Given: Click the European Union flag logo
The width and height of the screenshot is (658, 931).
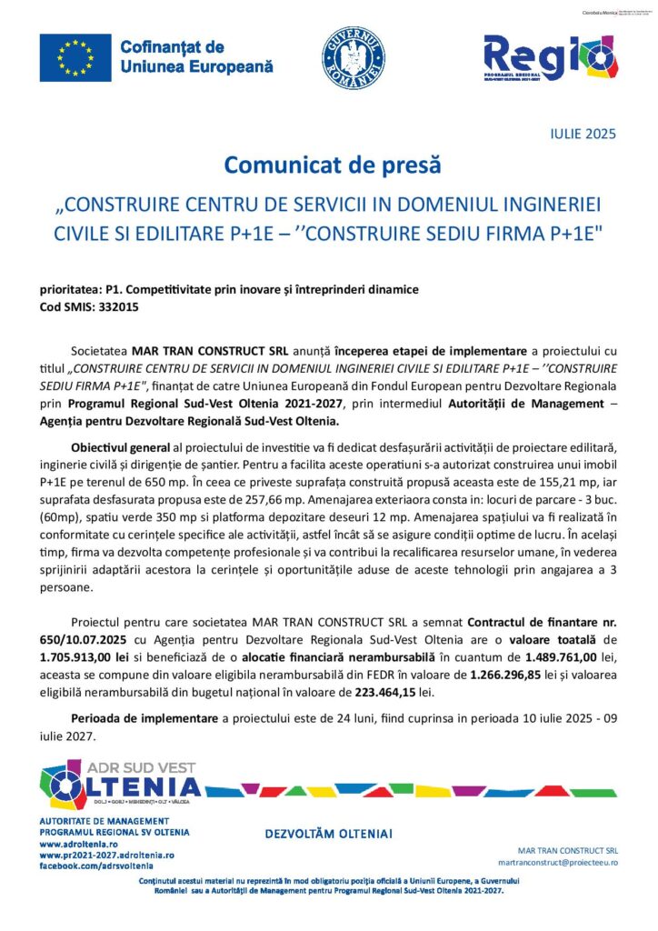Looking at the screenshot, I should [75, 56].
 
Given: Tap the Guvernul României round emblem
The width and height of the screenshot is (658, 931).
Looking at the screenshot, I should [354, 57].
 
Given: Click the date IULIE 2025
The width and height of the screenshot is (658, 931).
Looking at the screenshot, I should [583, 135].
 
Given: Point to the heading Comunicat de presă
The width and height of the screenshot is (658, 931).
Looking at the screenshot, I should [332, 165].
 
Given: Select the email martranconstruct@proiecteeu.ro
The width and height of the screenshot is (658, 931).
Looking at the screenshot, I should [558, 861].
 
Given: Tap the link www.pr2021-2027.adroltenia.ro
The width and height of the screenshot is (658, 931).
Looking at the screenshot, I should [106, 856].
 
